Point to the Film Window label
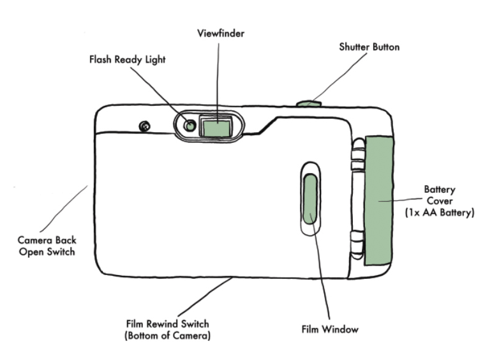[x=330, y=329]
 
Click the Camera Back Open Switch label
[x=47, y=246]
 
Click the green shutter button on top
[x=309, y=102]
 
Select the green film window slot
[x=311, y=199]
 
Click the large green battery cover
[x=378, y=200]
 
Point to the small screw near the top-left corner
[x=145, y=126]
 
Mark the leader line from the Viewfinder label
[x=218, y=77]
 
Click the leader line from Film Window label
[x=320, y=268]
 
